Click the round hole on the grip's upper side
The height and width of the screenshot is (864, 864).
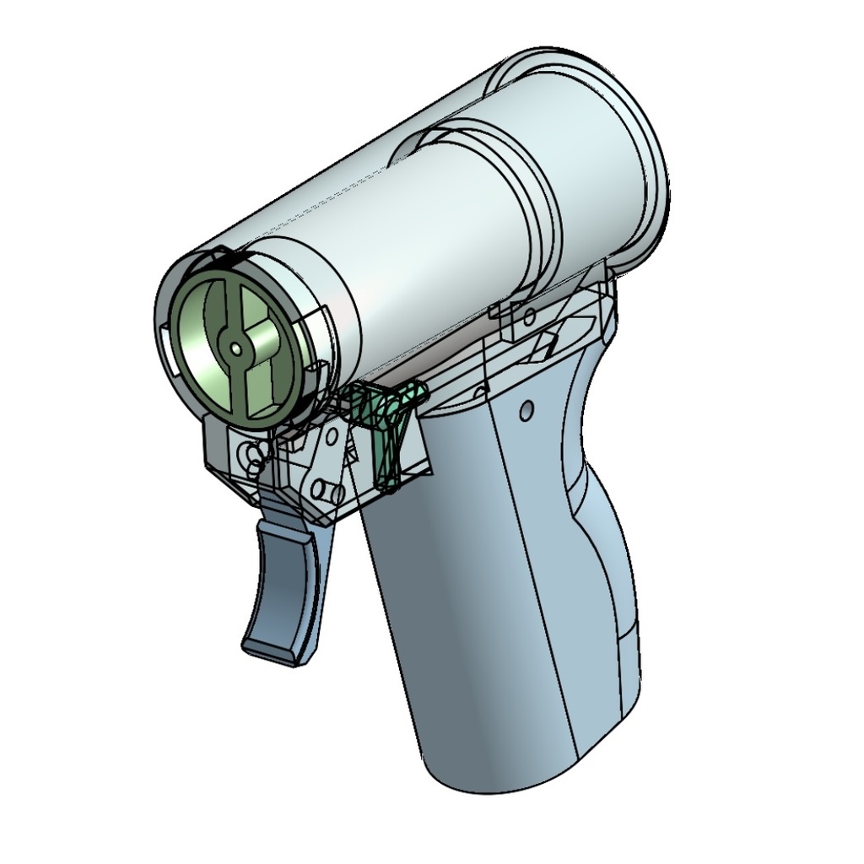pyautogui.click(x=526, y=412)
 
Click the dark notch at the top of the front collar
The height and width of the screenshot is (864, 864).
pyautogui.click(x=221, y=253)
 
